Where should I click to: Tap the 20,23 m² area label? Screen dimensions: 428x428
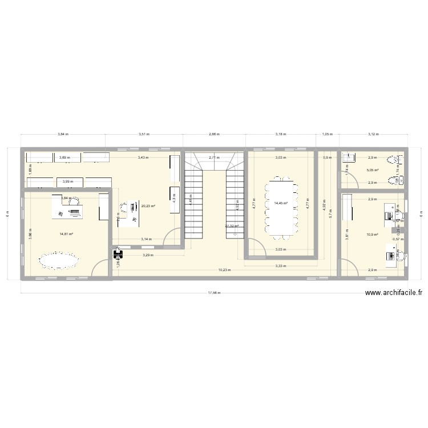[148, 206]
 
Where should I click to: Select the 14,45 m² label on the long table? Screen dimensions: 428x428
[280, 203]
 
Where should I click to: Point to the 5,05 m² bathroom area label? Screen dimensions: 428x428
[373, 170]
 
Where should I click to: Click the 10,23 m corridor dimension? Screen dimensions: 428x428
[224, 269]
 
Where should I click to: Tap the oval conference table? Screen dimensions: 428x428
[58, 261]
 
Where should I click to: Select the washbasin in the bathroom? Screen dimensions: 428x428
[349, 158]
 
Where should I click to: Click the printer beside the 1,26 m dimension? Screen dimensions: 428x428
[118, 252]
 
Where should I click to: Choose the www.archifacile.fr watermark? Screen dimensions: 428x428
[393, 293]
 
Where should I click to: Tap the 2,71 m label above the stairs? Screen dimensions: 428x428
[213, 157]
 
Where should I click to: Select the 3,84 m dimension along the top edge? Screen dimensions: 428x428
[63, 135]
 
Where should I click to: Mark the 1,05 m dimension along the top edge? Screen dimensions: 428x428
[327, 135]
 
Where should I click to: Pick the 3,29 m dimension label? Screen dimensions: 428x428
[148, 255]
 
